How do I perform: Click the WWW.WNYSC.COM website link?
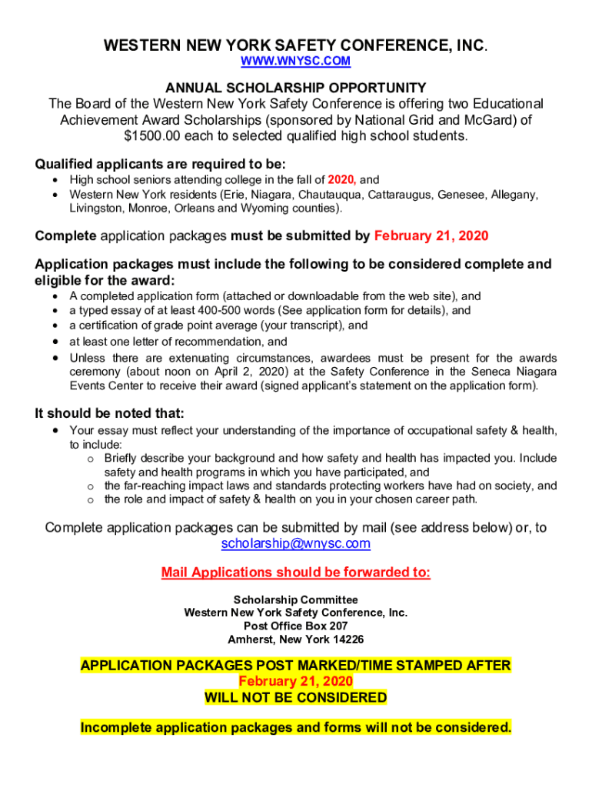pyautogui.click(x=296, y=61)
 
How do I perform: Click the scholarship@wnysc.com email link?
pyautogui.click(x=296, y=544)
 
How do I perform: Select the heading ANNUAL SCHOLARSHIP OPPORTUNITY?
pyautogui.click(x=296, y=88)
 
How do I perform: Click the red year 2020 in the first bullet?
pyautogui.click(x=341, y=180)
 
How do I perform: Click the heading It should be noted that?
pyautogui.click(x=110, y=413)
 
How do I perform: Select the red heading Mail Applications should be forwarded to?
pyautogui.click(x=296, y=573)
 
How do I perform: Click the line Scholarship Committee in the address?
pyautogui.click(x=296, y=599)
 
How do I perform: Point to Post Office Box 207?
pyautogui.click(x=296, y=626)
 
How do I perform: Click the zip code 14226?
pyautogui.click(x=348, y=640)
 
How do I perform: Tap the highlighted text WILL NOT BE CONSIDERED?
pyautogui.click(x=296, y=698)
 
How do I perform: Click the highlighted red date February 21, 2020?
pyautogui.click(x=296, y=682)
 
